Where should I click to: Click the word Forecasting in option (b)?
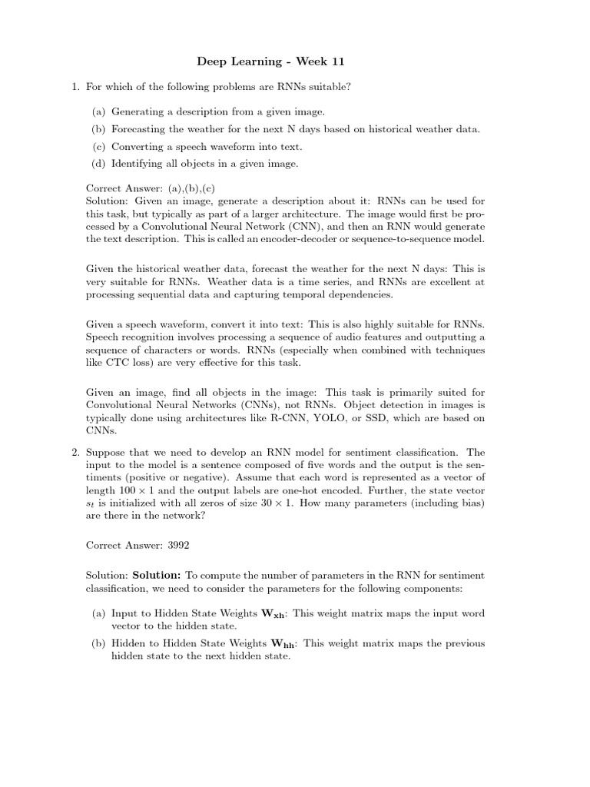click(139, 128)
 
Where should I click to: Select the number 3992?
click(175, 545)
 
